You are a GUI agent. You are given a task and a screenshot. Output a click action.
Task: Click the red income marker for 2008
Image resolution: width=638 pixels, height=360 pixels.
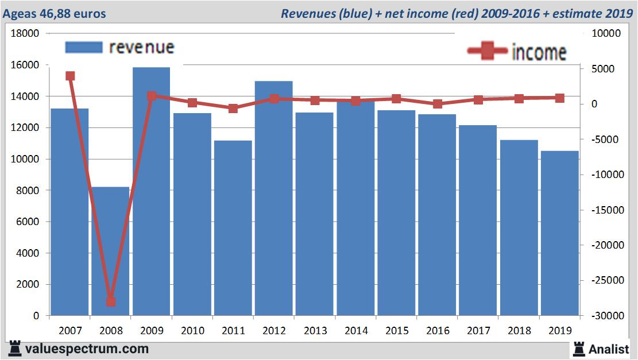(x=111, y=301)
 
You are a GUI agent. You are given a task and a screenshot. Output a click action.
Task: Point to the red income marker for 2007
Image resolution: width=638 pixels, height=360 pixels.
(x=70, y=76)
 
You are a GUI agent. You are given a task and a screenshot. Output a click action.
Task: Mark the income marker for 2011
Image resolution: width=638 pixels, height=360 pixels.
(x=233, y=108)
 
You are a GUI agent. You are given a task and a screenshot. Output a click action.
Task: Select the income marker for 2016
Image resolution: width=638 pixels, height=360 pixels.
(x=438, y=104)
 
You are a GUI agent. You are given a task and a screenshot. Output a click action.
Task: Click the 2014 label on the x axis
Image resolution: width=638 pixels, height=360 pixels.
(x=356, y=331)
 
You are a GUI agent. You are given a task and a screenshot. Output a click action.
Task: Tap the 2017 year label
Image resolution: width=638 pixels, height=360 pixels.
(x=478, y=331)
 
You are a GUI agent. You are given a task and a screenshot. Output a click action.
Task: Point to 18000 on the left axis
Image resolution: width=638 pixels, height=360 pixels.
(x=25, y=33)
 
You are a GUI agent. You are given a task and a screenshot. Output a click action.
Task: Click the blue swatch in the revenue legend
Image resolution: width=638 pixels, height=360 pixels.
(x=84, y=47)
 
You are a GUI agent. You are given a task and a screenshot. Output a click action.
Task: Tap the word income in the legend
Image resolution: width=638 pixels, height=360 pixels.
(x=539, y=52)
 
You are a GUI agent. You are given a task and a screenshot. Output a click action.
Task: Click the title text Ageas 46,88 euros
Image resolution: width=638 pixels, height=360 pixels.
(x=55, y=13)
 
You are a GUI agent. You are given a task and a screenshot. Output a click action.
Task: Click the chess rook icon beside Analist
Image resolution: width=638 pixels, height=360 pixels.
(x=578, y=348)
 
